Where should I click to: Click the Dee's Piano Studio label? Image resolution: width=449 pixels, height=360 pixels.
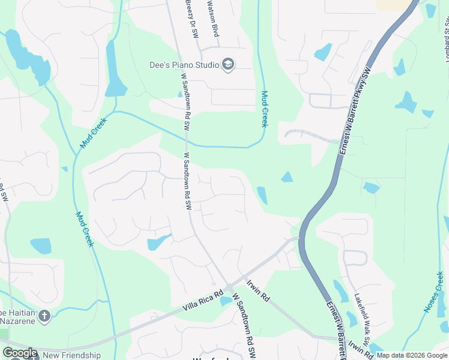coord(184,64)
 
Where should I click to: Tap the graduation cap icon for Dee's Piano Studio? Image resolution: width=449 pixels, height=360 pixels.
coord(228,64)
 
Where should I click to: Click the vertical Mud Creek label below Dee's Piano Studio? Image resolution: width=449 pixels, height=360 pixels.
coord(264,109)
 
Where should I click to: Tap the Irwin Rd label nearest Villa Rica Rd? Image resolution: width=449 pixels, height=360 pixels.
coord(259,290)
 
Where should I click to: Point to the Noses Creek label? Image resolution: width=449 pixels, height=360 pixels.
coord(434,292)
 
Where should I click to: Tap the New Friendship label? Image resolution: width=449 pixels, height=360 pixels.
coord(71,355)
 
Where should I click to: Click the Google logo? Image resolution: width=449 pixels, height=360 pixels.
coord(20,353)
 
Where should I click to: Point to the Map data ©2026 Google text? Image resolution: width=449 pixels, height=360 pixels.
coord(412,355)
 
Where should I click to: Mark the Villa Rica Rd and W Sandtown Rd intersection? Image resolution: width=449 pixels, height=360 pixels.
coord(229,287)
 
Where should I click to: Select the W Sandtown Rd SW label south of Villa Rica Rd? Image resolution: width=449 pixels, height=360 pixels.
coord(245,326)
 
